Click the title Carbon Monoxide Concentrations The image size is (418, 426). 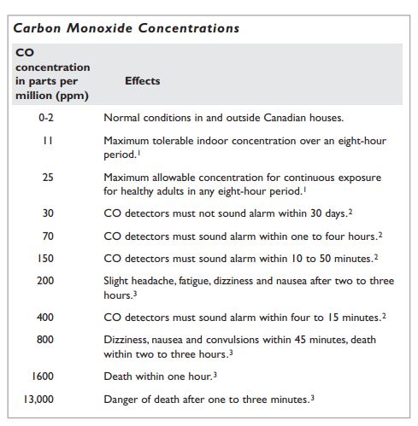pyautogui.click(x=127, y=27)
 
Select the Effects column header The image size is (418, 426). pyautogui.click(x=143, y=81)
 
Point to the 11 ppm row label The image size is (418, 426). pyautogui.click(x=46, y=139)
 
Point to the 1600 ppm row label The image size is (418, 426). pyautogui.click(x=44, y=376)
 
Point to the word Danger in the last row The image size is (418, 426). pyautogui.click(x=121, y=399)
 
